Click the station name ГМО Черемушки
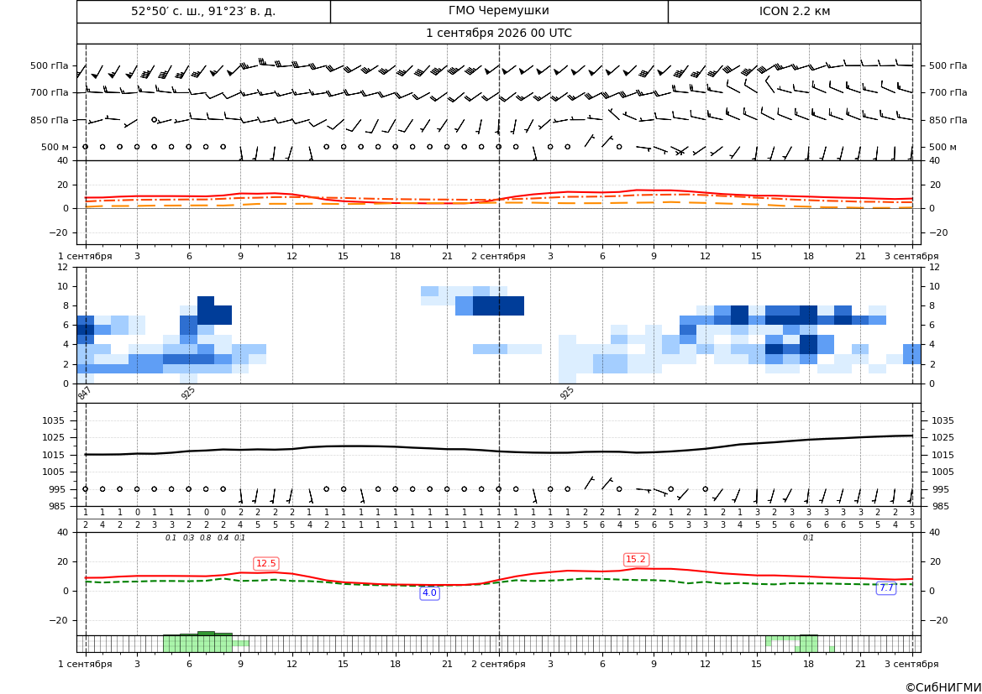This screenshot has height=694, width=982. (498, 11)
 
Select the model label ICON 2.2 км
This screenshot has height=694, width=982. (794, 11)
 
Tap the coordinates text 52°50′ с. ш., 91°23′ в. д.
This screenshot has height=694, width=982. (203, 11)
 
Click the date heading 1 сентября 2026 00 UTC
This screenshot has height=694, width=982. (498, 34)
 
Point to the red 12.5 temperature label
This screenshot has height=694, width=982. (266, 563)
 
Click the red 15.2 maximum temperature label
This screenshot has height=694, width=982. (636, 559)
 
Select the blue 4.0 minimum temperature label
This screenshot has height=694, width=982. (429, 592)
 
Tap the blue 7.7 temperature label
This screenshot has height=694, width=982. (886, 587)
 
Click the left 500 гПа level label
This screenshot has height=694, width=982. (50, 65)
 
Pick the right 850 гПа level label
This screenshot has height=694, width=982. (948, 120)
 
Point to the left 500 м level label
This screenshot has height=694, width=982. (55, 147)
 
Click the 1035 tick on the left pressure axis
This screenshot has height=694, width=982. (56, 420)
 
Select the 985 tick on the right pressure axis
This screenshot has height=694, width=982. (943, 506)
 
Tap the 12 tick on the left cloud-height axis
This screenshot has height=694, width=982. (63, 267)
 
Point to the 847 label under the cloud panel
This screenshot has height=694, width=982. (85, 393)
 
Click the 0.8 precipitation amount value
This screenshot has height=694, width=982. (206, 538)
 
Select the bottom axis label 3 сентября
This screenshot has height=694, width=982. (911, 664)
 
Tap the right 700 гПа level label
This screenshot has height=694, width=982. (948, 92)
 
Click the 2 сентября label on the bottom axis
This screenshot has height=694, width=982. (498, 664)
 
